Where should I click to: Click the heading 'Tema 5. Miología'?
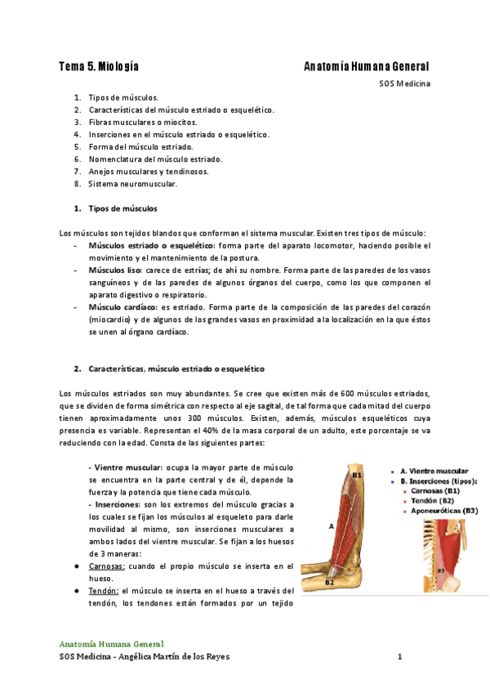(98, 66)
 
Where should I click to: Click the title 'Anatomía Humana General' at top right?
(366, 66)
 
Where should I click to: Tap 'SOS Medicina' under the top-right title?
(404, 83)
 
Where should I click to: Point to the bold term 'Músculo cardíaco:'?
(122, 308)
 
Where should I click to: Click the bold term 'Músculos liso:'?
(116, 270)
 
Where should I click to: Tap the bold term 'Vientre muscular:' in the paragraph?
(127, 467)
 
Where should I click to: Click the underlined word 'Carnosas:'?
(107, 566)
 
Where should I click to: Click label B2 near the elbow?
(329, 583)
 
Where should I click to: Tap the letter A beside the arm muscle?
(331, 528)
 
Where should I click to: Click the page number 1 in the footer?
(399, 656)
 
